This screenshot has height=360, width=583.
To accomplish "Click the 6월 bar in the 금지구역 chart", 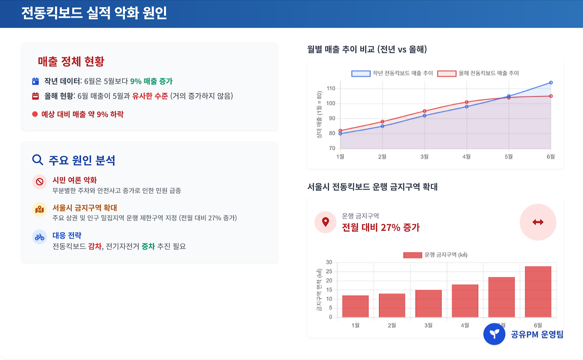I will tap(538, 292).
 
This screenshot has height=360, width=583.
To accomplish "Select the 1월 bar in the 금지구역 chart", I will tap(355, 306).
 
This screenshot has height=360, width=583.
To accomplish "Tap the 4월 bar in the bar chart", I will tap(465, 301).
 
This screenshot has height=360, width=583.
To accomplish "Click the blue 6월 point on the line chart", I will tap(551, 82).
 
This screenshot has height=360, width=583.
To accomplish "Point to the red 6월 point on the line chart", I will tap(551, 96).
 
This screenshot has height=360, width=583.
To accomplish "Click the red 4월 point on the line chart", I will tap(467, 102).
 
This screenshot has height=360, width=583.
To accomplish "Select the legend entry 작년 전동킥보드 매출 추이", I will tap(393, 73).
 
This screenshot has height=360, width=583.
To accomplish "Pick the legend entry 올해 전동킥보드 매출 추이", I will tap(478, 73).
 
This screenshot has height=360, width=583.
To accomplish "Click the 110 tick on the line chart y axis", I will tap(331, 88).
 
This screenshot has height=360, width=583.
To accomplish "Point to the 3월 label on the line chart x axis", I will tap(424, 157).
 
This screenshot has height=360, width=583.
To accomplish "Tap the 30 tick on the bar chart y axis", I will tap(329, 262).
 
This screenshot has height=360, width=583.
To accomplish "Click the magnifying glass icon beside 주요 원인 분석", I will tap(38, 160).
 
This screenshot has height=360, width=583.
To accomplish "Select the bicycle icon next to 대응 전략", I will tap(40, 237).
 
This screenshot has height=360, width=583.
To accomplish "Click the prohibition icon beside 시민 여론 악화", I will tap(40, 182).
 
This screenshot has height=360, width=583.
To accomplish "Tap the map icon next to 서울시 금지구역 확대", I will tap(40, 209).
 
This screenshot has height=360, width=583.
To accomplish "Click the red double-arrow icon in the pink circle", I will tap(538, 222).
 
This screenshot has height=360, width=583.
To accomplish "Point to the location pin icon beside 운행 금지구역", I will tap(325, 222).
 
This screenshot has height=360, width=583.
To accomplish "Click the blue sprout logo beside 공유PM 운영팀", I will tap(494, 334).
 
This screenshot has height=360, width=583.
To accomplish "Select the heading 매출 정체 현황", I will tap(71, 62).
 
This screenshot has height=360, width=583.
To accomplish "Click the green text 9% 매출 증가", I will tap(151, 82).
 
